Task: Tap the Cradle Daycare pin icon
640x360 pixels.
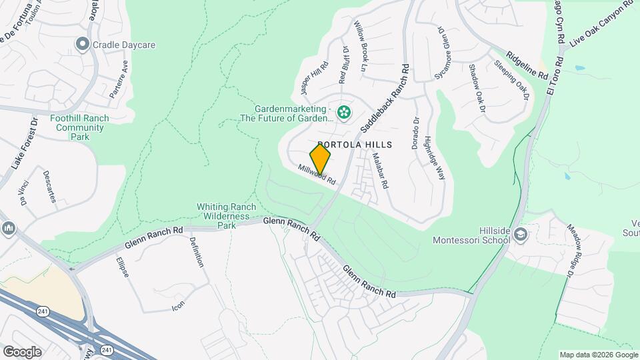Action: click(83, 45)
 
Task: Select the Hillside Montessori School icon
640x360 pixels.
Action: click(521, 234)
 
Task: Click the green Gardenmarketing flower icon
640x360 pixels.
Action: click(344, 112)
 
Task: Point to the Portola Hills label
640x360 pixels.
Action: click(354, 145)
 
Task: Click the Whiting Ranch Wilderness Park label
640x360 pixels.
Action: click(223, 216)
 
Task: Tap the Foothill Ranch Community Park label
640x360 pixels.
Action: click(79, 127)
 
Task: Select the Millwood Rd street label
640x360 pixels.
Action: click(316, 175)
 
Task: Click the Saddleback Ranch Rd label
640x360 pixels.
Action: click(385, 97)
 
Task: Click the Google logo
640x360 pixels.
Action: click(22, 351)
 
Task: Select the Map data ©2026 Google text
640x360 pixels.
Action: click(598, 355)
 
